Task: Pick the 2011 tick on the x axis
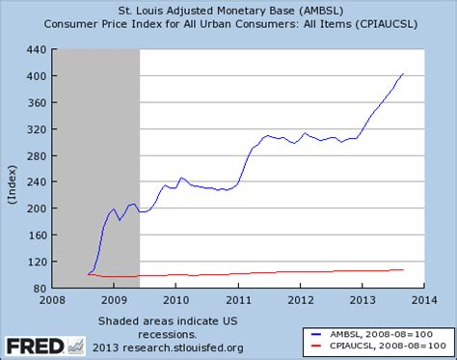pyautogui.click(x=238, y=299)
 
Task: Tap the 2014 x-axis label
pyautogui.click(x=425, y=299)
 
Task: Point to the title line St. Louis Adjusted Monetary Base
pyautogui.click(x=228, y=11)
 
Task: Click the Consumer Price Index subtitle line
pyautogui.click(x=228, y=24)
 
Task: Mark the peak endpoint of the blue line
pyautogui.click(x=403, y=73)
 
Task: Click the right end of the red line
pyautogui.click(x=403, y=269)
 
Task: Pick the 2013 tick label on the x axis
pyautogui.click(x=363, y=299)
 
